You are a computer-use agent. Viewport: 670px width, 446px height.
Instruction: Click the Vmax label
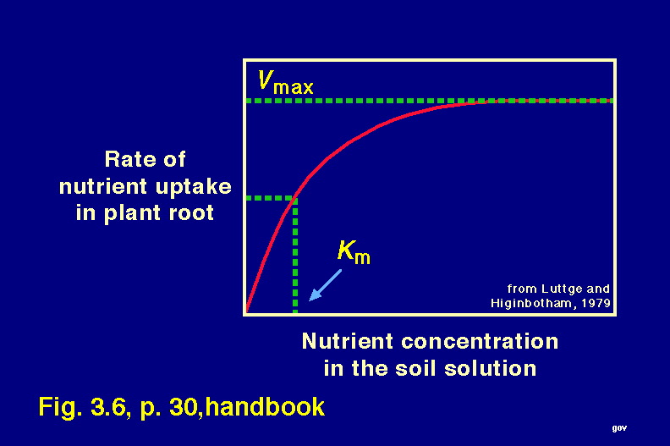point(285,82)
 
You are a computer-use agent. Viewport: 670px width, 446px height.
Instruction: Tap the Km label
point(354,252)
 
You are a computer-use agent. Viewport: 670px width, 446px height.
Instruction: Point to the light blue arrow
point(325,285)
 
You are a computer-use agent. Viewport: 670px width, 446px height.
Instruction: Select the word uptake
point(193,186)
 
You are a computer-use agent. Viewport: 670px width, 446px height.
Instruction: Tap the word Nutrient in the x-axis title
point(347,341)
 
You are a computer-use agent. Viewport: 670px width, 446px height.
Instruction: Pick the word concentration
point(480,342)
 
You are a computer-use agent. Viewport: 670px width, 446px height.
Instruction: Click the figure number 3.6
point(107,406)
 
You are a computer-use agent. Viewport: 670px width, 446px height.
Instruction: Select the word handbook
point(265,406)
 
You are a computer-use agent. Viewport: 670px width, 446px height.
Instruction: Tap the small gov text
point(619,428)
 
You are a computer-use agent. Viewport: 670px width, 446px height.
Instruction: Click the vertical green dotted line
point(295,256)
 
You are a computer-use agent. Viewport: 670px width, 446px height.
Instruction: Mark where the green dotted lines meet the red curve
point(295,198)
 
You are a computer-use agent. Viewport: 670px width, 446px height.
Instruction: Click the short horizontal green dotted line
point(271,198)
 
